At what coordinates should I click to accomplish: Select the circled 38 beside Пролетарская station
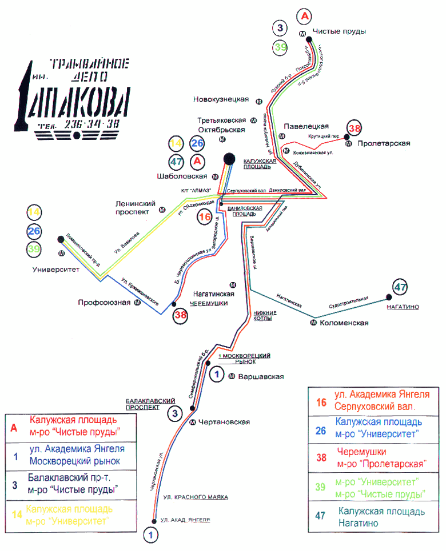(355, 128)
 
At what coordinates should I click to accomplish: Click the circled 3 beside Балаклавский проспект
(176, 413)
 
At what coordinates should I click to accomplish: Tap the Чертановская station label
(225, 422)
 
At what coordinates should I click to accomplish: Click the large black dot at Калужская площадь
(229, 158)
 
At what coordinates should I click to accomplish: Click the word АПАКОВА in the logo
(82, 102)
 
